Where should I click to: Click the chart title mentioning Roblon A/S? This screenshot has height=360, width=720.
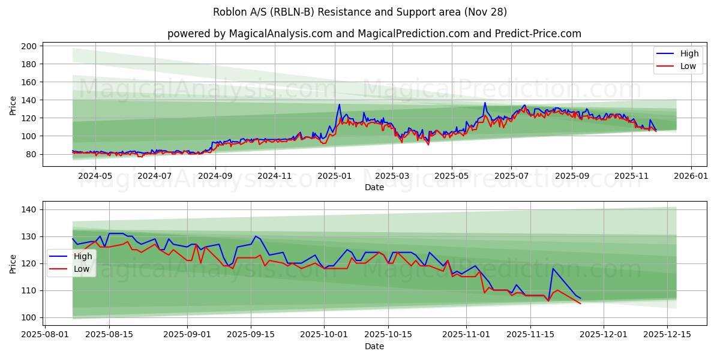point(360,12)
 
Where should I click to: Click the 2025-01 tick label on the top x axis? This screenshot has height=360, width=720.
point(334,176)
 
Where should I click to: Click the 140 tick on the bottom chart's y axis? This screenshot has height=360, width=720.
point(31,209)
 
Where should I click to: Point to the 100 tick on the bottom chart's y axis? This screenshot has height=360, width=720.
point(31,317)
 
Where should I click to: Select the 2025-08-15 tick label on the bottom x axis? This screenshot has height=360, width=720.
point(109,335)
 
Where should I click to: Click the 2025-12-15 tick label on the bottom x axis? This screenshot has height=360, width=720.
point(667,335)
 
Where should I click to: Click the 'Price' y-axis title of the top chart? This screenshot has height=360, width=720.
point(13,104)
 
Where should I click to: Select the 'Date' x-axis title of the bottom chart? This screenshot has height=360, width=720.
point(374,346)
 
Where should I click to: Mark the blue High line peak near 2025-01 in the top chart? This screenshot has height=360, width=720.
point(339,104)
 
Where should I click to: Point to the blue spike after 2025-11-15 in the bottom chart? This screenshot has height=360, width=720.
point(553,268)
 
